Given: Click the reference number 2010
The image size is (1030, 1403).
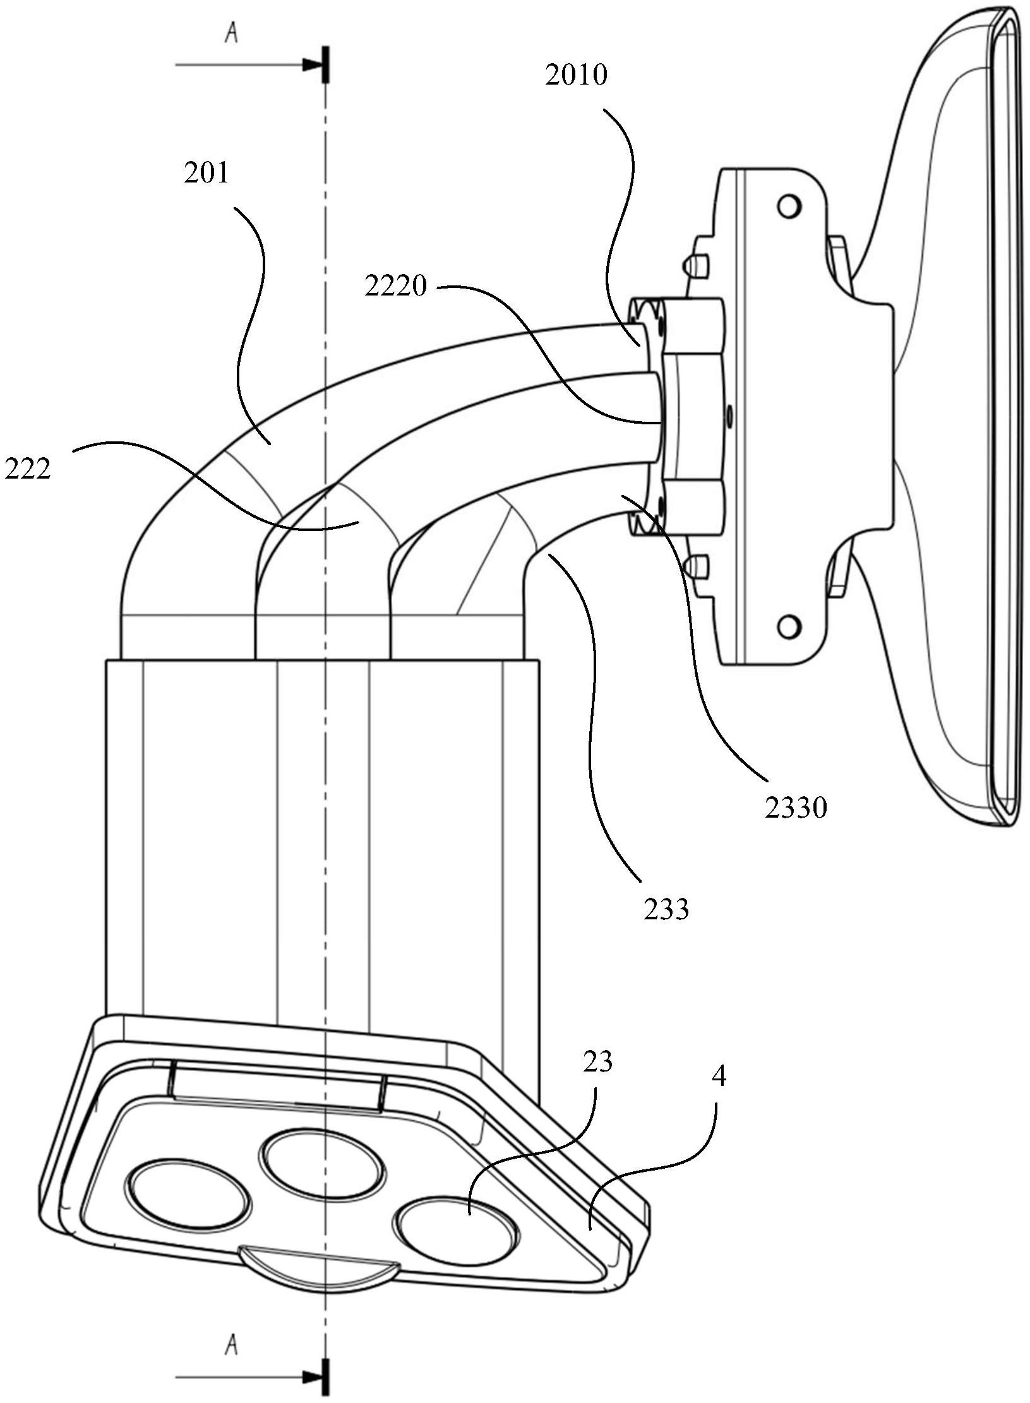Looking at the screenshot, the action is [x=575, y=75].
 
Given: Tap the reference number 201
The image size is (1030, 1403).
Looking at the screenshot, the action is [x=207, y=172].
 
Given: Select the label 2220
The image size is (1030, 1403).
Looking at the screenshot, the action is [x=395, y=287].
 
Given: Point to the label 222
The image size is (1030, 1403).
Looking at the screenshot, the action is [x=27, y=469].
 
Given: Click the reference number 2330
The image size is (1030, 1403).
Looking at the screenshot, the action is [x=796, y=808].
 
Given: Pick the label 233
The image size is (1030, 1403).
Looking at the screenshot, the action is [x=666, y=910].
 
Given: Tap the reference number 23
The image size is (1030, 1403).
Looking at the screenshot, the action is [x=598, y=1062].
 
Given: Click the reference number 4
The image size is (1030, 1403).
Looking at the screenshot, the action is [x=719, y=1077].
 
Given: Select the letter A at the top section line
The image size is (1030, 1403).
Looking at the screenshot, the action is [x=232, y=34].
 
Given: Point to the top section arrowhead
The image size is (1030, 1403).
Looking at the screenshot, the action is [x=313, y=64].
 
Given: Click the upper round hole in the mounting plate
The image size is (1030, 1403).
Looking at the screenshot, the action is [x=788, y=206].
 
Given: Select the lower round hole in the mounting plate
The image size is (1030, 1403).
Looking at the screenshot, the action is [x=787, y=627].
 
